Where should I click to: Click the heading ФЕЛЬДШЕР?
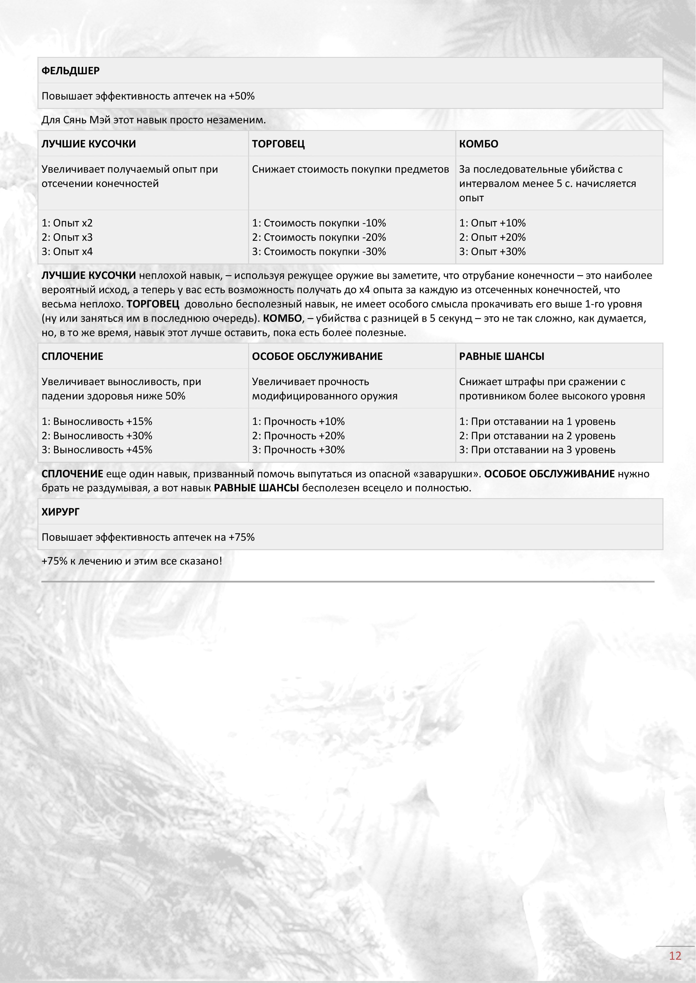71,71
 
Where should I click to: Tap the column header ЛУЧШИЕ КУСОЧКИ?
89,144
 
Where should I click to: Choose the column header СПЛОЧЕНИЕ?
72,356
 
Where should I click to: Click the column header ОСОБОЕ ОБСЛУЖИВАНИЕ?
317,356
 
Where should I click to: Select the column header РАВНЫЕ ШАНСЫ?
502,356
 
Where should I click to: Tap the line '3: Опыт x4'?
67,252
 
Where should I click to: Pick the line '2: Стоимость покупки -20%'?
319,237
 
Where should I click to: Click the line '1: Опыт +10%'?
492,223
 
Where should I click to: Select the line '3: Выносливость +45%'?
97,450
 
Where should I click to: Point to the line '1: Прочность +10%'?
298,421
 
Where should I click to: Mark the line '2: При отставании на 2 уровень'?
537,436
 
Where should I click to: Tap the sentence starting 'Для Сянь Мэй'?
154,120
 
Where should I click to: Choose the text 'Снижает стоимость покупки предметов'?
350,169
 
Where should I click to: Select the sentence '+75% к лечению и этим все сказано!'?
132,561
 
